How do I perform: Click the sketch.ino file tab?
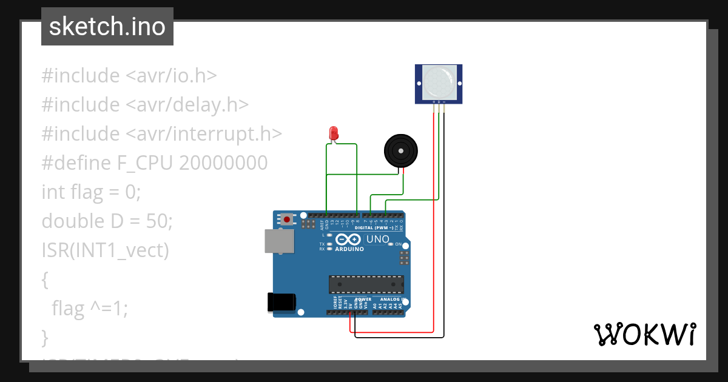(x=107, y=27)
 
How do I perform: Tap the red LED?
(x=332, y=133)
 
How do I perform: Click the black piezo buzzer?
(x=401, y=150)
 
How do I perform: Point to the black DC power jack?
(x=282, y=303)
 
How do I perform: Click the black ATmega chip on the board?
(x=366, y=284)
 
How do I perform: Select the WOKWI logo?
(x=644, y=334)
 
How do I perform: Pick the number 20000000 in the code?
(x=223, y=163)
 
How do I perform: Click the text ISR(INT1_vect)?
(x=105, y=250)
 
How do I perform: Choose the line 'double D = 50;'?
(x=107, y=221)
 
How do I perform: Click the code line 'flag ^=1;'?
(x=90, y=309)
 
